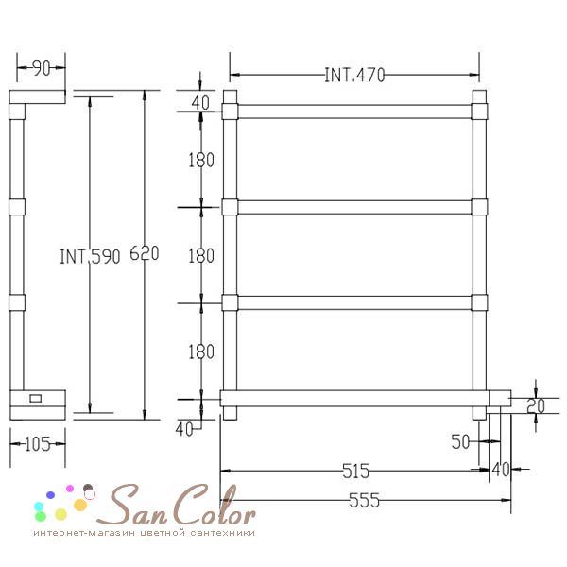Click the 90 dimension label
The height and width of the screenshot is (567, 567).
42,68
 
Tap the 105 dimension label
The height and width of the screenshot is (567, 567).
38,444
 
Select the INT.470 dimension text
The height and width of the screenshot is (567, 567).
354,76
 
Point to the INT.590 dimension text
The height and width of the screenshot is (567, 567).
90,256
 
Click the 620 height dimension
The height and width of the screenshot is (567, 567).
145,253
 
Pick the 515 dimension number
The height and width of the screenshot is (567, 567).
356,471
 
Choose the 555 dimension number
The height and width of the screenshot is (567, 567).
364,501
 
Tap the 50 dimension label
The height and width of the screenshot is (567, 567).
460,441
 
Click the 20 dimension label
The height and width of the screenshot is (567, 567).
536,405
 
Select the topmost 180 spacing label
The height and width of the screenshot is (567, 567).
201,160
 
